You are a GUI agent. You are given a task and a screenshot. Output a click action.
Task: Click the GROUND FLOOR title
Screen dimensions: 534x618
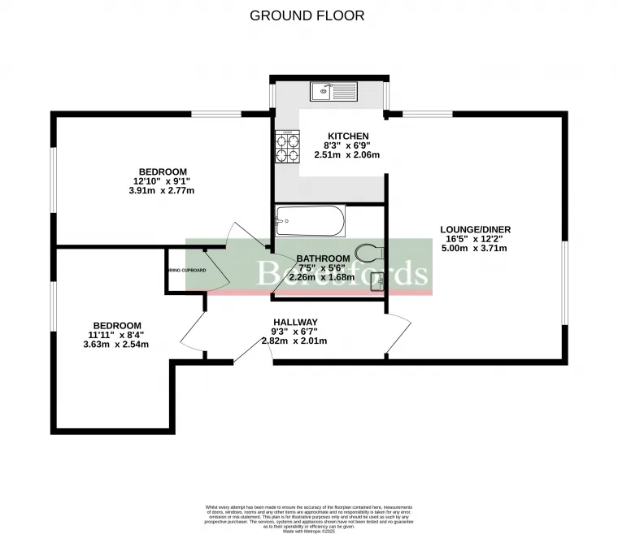pos(307,15)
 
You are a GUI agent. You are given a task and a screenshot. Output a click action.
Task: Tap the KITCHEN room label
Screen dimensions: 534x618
pos(348,136)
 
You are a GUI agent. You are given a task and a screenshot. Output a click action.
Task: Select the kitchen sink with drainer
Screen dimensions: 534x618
pos(333,91)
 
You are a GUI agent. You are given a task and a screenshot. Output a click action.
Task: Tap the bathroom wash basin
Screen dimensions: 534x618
pos(376,281)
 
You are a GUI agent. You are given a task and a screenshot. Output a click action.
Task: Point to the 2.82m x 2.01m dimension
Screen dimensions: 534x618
pos(294,341)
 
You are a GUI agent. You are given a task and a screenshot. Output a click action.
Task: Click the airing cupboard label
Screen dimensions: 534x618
pos(185,270)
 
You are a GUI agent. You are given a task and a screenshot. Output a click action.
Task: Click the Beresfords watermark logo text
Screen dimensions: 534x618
pos(342,273)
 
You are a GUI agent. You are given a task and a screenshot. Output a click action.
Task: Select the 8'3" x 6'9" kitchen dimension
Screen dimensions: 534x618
pos(348,145)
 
